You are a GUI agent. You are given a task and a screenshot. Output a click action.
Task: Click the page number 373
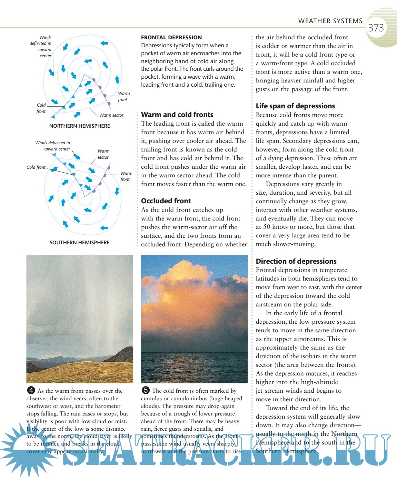click(376, 28)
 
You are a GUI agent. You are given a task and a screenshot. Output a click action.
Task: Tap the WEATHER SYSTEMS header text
click(330, 21)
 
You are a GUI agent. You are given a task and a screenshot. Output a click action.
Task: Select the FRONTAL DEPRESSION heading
click(171, 37)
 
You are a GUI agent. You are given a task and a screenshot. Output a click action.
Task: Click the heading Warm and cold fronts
click(177, 115)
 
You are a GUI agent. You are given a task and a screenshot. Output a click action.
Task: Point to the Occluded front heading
click(166, 201)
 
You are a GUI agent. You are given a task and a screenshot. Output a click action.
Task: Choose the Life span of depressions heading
click(295, 106)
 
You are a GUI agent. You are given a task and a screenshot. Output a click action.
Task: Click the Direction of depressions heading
click(296, 261)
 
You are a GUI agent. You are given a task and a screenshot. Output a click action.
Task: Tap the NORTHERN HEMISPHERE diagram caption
click(79, 126)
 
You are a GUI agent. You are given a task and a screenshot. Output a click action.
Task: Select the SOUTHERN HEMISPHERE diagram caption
click(79, 243)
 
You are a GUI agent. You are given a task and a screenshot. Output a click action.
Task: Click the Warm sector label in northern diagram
click(111, 115)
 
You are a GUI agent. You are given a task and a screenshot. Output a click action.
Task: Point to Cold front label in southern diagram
click(36, 167)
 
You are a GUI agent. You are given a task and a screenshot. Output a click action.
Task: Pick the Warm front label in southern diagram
click(126, 176)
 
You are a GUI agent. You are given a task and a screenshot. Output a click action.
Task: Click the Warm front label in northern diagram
click(123, 97)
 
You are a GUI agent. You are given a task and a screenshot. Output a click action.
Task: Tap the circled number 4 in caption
click(31, 390)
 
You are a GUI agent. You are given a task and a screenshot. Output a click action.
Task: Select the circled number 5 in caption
click(146, 390)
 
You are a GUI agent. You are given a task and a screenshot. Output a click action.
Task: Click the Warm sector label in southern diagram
click(103, 154)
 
